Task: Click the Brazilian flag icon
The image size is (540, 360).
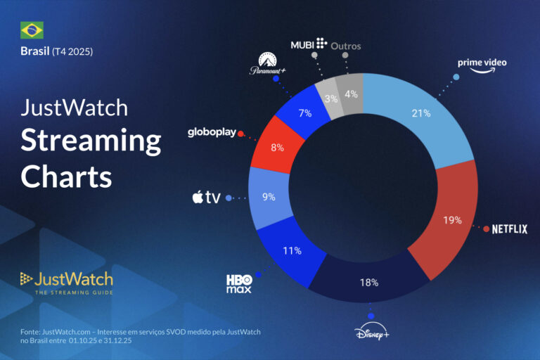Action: coord(32,30)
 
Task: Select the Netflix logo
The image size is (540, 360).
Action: coord(509,229)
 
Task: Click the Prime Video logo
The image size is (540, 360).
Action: coord(482,65)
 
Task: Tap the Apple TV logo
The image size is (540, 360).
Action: coord(207,198)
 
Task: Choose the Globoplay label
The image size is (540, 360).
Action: coord(211,132)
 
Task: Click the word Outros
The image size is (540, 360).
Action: coord(345,46)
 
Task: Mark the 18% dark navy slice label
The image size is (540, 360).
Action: coord(369,283)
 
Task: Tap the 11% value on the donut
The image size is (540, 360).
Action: coord(292,250)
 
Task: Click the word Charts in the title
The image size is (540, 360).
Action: coord(66,176)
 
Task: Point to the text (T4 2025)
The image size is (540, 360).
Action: coord(73,51)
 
